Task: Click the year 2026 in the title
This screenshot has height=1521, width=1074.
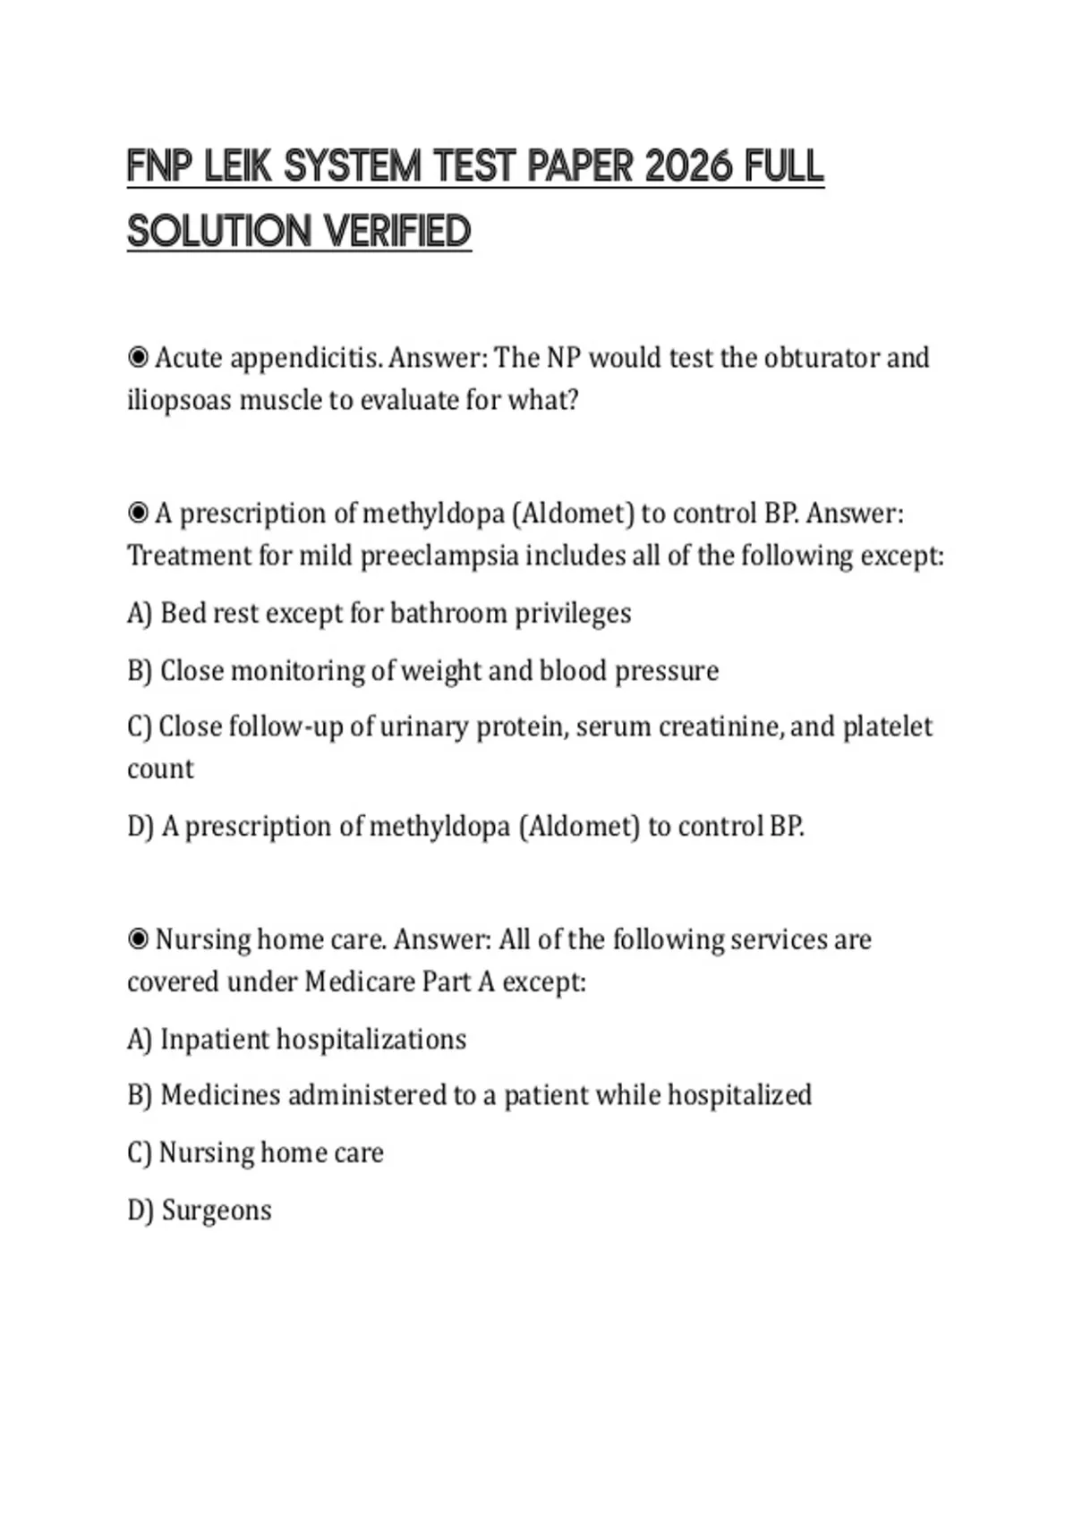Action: tap(688, 166)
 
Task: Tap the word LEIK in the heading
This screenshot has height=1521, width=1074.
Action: tap(238, 166)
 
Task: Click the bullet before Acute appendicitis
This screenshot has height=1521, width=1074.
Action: tap(139, 358)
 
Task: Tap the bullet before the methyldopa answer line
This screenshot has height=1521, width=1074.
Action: tap(139, 514)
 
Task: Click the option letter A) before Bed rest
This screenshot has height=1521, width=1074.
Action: tap(140, 614)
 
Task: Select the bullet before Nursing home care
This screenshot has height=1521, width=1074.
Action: tap(139, 939)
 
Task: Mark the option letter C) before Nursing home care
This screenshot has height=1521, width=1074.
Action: tap(140, 1152)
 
